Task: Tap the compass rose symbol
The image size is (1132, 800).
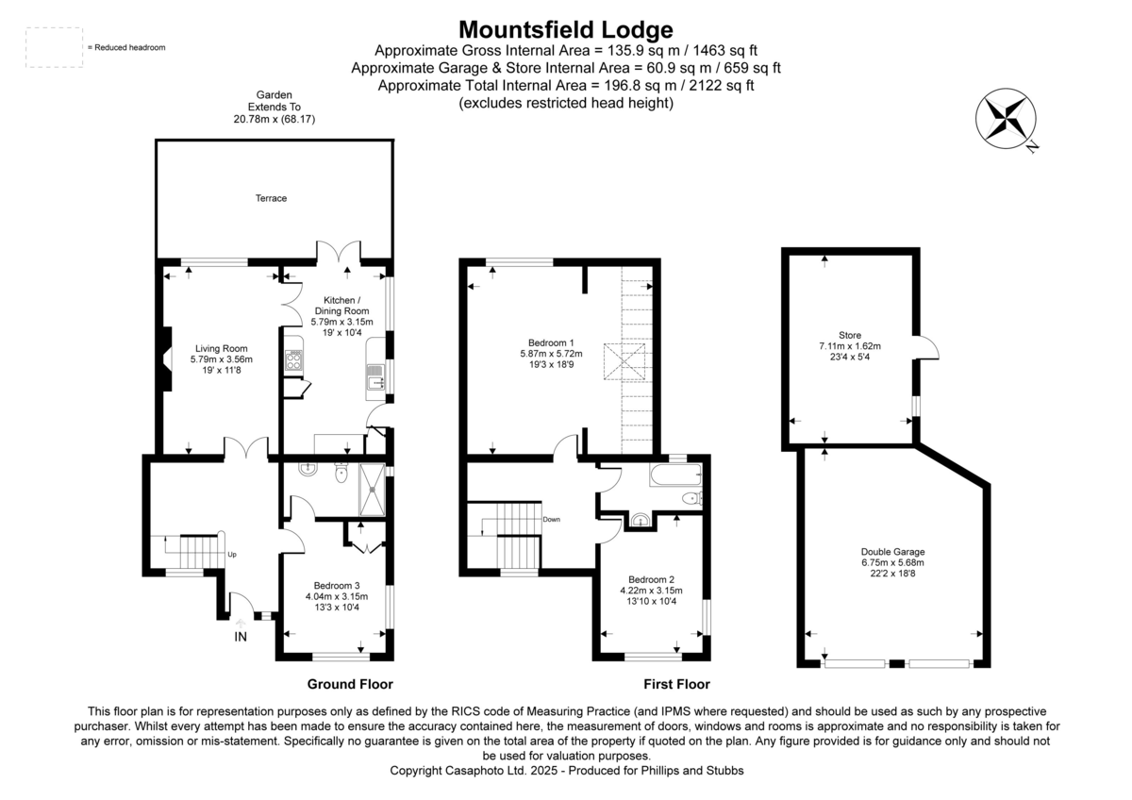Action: point(1005,118)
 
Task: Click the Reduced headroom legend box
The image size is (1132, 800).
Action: point(55,47)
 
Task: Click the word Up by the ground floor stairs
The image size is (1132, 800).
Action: point(232,555)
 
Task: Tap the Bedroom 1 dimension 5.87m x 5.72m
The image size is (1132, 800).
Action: point(551,354)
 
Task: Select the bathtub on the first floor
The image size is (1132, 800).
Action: point(675,475)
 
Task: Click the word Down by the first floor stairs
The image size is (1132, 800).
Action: point(552,519)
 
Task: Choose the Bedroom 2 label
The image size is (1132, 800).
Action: point(651,579)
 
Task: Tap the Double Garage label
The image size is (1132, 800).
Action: point(892,551)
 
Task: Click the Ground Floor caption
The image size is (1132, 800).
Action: point(350,684)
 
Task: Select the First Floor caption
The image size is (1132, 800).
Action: point(676,684)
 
